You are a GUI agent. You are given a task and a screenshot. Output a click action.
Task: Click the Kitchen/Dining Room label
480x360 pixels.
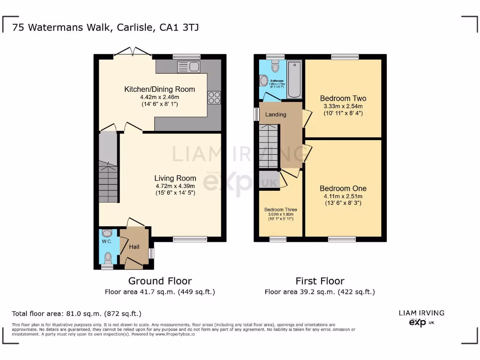[159, 89]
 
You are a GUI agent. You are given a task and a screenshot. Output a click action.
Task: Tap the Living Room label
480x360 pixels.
[175, 178]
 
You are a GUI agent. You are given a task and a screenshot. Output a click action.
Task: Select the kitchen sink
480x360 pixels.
[188, 66]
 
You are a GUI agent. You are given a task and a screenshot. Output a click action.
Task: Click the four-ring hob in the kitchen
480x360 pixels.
[214, 97]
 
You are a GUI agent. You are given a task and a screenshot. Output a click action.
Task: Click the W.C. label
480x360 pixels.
[106, 241]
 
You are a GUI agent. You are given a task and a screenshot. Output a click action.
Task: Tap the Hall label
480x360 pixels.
[135, 247]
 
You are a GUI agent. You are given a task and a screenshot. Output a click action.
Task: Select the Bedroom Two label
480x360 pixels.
[343, 98]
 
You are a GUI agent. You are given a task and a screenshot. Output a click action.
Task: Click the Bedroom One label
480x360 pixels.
[343, 188]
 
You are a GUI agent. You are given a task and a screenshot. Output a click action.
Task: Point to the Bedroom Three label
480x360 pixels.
[280, 210]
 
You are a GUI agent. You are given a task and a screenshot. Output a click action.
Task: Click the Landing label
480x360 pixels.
[276, 114]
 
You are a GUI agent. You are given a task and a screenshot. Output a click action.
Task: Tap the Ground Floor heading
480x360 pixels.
[160, 281]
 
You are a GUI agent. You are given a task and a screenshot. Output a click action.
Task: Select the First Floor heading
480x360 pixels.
[320, 281]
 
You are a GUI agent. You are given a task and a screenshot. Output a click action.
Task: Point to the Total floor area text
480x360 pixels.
[76, 314]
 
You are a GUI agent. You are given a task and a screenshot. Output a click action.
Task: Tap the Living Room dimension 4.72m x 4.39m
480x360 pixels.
[175, 186]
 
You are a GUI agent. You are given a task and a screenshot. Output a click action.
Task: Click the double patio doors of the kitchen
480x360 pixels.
[133, 52]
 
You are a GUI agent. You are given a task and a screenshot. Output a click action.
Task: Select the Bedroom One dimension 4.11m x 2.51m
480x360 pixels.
[343, 196]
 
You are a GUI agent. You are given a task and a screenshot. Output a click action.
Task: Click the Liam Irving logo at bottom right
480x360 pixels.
[421, 318]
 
